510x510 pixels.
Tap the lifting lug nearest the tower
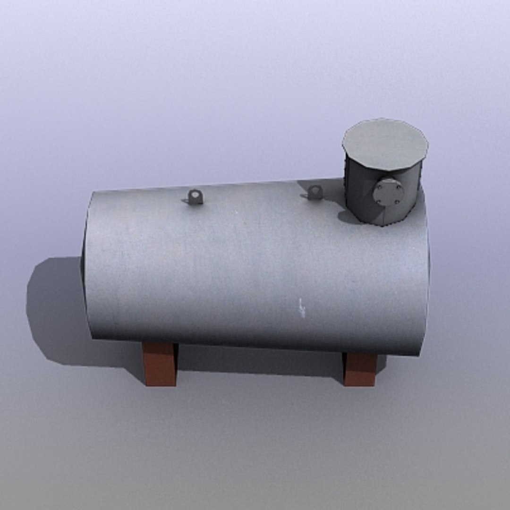(x=314, y=192)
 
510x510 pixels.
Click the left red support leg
(x=159, y=364)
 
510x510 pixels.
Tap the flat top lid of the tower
(x=385, y=144)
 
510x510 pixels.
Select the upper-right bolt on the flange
(x=396, y=184)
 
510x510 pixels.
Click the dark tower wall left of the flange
(x=359, y=189)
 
